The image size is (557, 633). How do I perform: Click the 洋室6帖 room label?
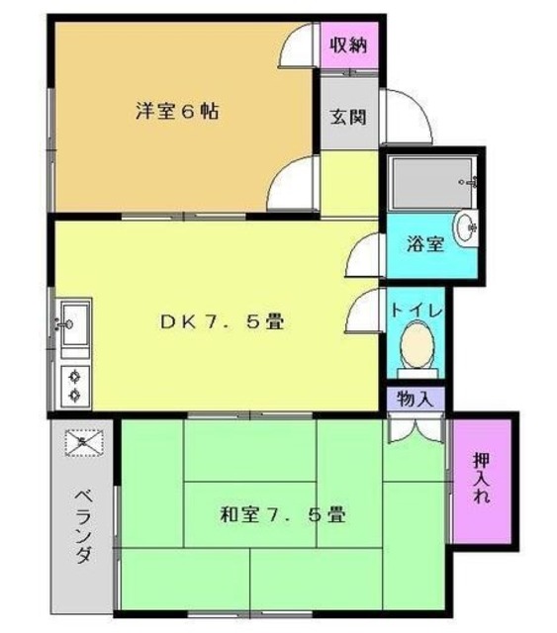pos(178,112)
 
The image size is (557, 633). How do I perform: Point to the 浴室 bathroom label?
pos(426,242)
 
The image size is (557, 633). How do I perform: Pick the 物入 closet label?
pos(414,400)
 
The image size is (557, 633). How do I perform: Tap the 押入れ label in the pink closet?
pos(482,479)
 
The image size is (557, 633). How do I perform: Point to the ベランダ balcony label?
pos(84,524)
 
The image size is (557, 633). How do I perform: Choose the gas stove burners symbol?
pos(74,385)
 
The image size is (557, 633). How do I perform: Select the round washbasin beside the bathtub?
pos(468,226)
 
